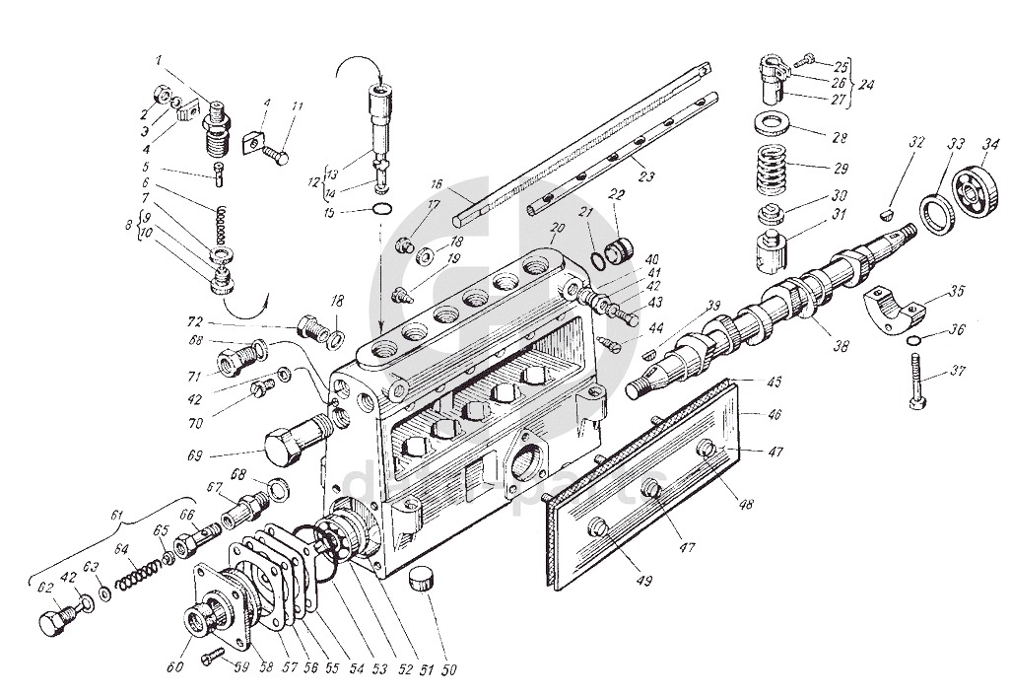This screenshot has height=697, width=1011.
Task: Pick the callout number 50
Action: click(449, 671)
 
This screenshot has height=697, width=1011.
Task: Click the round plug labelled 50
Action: click(425, 579)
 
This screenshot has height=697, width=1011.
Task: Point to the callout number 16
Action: click(437, 184)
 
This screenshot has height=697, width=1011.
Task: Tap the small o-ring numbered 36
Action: click(913, 341)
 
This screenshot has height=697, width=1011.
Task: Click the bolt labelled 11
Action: click(275, 154)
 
